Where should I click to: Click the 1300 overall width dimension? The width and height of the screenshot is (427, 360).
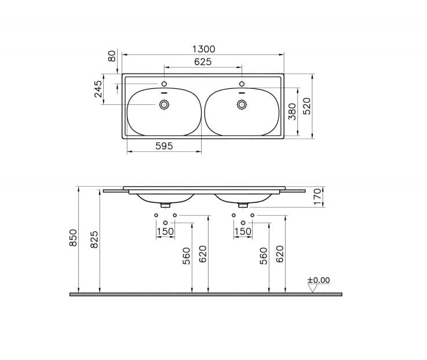[x=203, y=50]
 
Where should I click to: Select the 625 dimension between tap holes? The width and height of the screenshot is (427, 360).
[x=202, y=62]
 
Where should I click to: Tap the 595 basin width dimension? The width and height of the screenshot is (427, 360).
[x=164, y=146]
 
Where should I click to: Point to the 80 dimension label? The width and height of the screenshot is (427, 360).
[x=112, y=56]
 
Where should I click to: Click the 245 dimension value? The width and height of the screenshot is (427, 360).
[x=98, y=89]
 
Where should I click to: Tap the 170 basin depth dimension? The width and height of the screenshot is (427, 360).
[x=317, y=196]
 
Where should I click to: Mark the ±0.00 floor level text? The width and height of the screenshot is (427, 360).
[x=319, y=280]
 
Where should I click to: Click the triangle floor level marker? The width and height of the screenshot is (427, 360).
[x=312, y=288]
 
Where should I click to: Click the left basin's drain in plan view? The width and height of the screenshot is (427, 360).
[x=165, y=104]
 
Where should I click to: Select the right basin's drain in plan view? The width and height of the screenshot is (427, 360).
[x=242, y=104]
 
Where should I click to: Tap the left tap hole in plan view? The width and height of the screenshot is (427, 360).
[x=165, y=84]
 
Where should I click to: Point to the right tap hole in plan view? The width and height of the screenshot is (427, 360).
[x=242, y=84]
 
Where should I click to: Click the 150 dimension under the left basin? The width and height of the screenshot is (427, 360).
[x=165, y=231]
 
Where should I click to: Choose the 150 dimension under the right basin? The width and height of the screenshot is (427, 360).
[x=243, y=231]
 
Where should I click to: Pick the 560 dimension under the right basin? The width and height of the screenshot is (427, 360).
[x=264, y=255]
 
